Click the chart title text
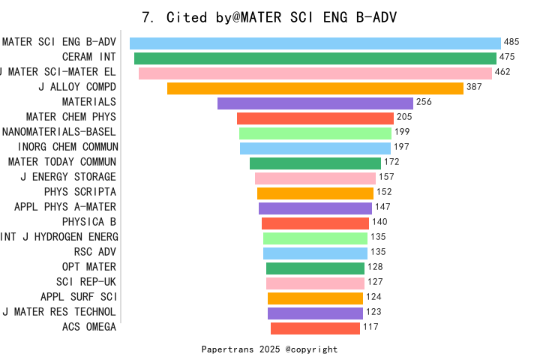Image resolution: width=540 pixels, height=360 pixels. coord(269,17)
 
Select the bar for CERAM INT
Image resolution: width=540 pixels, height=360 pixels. coord(315,58)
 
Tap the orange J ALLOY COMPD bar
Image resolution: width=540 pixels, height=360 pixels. coord(315,88)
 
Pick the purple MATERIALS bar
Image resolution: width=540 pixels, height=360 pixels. coord(315,103)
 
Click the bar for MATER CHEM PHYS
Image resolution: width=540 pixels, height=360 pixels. coord(315,118)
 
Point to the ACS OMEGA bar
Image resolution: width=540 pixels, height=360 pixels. coord(315,328)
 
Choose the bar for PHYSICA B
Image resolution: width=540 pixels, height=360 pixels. coord(315,223)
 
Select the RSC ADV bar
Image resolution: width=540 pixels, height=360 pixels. coord(315,253)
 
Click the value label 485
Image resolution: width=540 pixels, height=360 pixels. coord(512,43)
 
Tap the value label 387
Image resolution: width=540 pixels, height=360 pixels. coord(474,88)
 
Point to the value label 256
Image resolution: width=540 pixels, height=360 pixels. coord(424,103)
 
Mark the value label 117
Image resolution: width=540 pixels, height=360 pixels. coord(370,328)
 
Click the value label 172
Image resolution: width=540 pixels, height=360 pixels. coord(391,163)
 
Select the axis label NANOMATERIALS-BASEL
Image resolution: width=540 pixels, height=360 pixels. coord(59,132)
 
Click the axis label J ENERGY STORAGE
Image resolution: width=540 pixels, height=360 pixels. coord(68,177)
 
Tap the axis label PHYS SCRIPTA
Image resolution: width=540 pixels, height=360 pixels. coord(79,192)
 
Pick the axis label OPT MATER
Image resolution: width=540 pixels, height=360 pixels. coord(89,267)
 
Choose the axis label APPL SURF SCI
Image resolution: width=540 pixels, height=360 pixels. coord(79,297)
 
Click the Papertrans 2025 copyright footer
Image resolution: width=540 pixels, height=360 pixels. coord(269,349)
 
